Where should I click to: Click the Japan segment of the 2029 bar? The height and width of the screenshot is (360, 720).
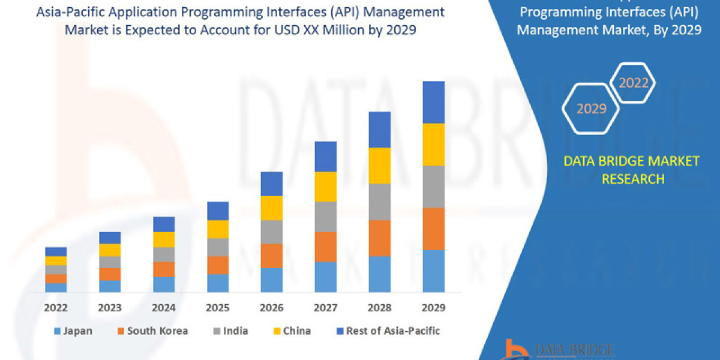[x=433, y=271]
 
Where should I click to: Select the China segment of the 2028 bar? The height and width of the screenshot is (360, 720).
[x=379, y=165]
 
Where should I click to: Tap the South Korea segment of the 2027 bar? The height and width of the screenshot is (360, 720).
[x=325, y=247]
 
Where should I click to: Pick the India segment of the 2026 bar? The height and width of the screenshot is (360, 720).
[x=271, y=232]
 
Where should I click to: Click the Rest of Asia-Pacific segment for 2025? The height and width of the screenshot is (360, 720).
[x=218, y=211]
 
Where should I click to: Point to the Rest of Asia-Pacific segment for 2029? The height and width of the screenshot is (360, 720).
[x=433, y=102]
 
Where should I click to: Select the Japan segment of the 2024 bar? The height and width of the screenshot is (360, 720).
[x=164, y=284]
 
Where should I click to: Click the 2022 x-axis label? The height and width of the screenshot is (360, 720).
[x=56, y=308]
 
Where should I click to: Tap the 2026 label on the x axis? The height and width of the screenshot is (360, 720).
[x=271, y=308]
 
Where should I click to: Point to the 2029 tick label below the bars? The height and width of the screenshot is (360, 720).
[x=433, y=308]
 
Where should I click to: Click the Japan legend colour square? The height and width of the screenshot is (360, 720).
[x=58, y=331]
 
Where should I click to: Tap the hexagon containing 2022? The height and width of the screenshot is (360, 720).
[x=633, y=83]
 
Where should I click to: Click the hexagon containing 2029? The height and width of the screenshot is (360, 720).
[x=591, y=109]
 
